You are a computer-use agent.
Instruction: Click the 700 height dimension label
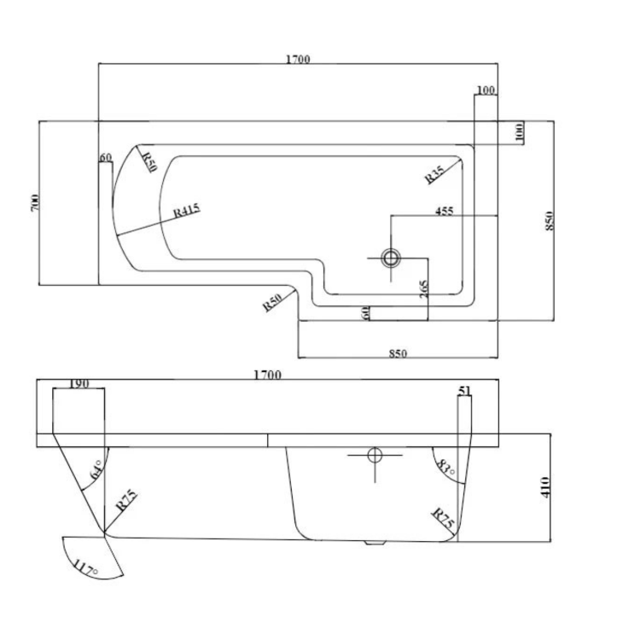[35, 203]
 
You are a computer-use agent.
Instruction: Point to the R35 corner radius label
[434, 175]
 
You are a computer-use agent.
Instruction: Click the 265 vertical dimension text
[424, 289]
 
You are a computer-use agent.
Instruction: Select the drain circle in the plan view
[391, 257]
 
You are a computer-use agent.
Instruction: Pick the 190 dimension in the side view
[78, 384]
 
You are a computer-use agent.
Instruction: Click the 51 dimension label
[464, 391]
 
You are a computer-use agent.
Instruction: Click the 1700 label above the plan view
[297, 59]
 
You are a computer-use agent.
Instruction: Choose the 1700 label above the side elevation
[266, 374]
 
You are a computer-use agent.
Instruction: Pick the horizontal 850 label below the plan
[397, 352]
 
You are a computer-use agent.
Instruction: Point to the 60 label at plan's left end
[106, 158]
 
